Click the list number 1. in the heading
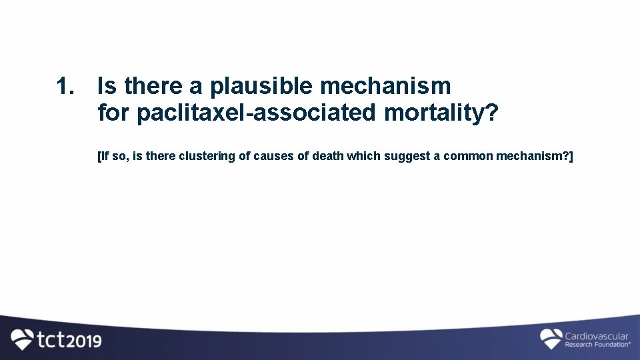[66, 86]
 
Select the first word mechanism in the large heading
[385, 86]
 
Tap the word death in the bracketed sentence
[328, 156]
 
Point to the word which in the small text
[362, 156]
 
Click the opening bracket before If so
[99, 156]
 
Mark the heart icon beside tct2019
[22, 339]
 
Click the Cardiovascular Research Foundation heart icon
[551, 338]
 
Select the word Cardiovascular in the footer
[597, 335]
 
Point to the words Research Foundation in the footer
[597, 345]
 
